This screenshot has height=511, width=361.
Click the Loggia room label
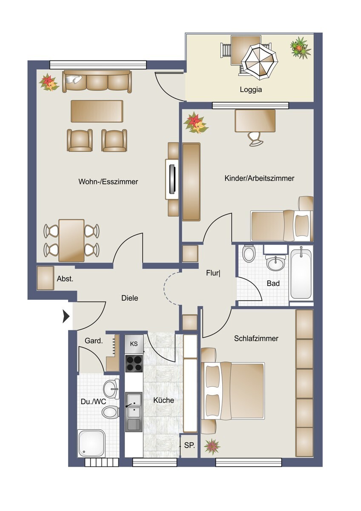point(251,90)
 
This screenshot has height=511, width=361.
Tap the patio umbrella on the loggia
point(260,62)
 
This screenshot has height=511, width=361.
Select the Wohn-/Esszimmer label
point(108,181)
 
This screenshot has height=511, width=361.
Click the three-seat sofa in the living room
point(97,81)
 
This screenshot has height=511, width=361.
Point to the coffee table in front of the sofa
point(97,111)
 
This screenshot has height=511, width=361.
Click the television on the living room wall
point(172,179)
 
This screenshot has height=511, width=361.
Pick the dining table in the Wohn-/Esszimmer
point(72,241)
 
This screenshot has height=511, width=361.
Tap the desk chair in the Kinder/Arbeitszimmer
point(255,138)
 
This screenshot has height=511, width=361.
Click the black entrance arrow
point(66,317)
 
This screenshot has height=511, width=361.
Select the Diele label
point(129,298)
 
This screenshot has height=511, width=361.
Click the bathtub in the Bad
point(301,273)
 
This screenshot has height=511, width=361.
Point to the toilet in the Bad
point(248,254)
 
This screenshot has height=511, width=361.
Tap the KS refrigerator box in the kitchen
point(134,344)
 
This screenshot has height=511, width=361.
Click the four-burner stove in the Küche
point(134,363)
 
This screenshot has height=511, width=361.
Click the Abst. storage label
point(65,279)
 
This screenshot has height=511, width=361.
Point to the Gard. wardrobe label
point(94,341)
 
